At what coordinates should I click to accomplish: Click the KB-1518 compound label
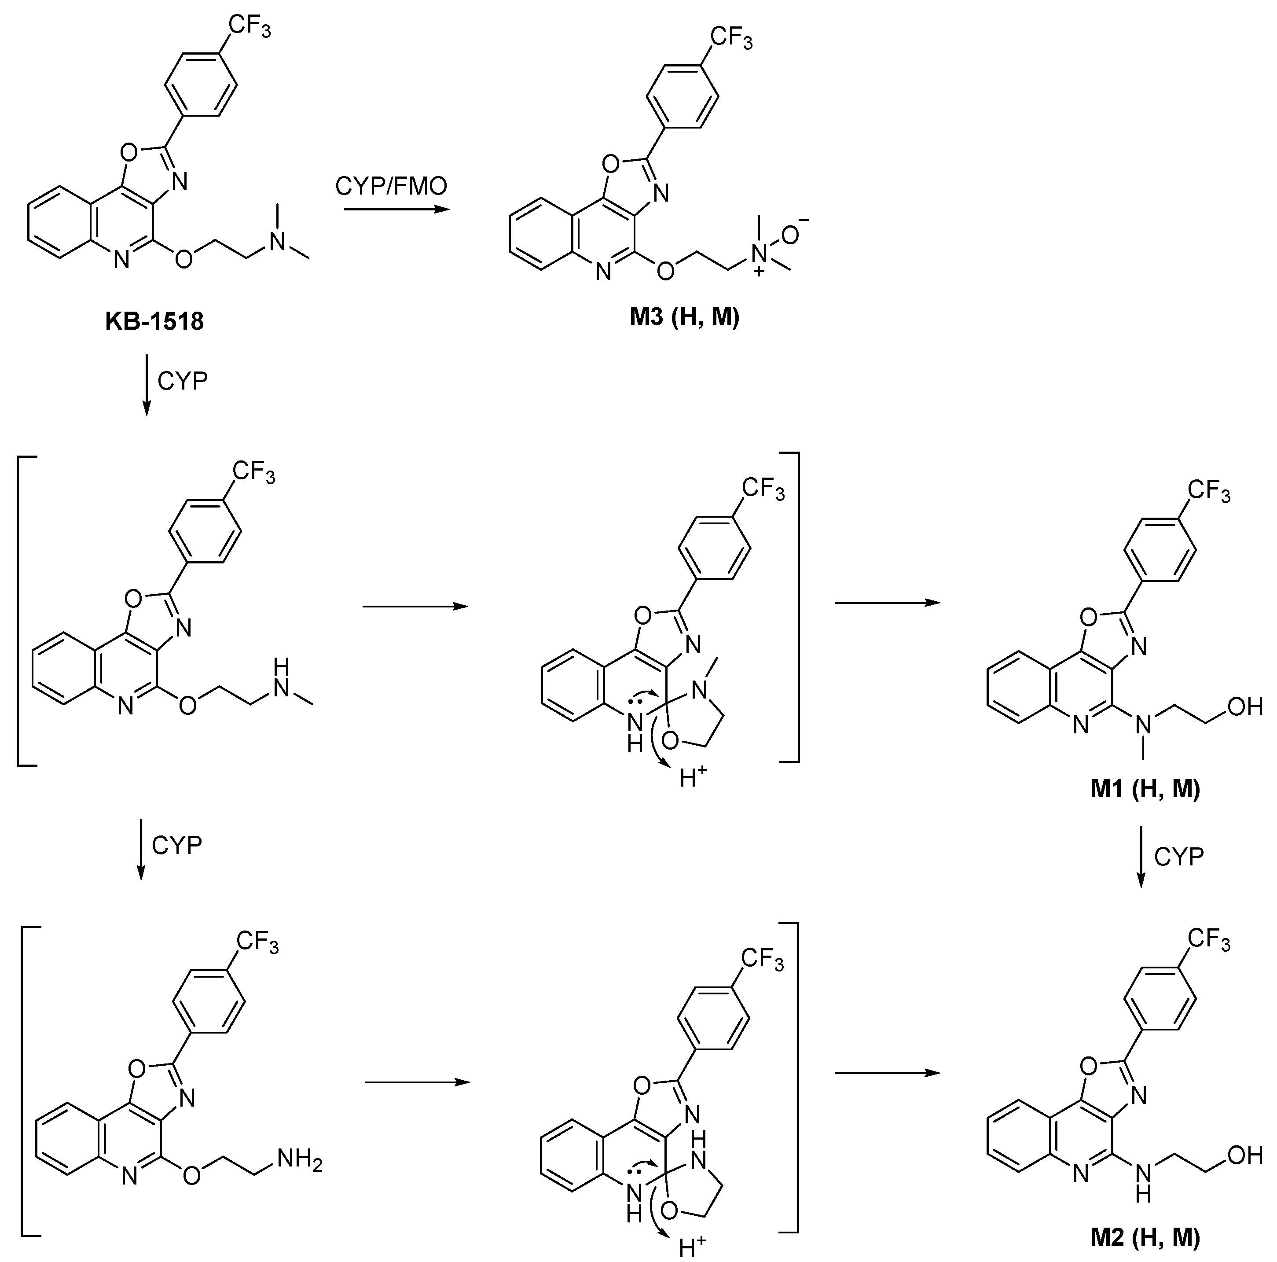[154, 322]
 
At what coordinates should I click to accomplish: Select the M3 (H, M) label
[684, 317]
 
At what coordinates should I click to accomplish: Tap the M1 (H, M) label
[1145, 789]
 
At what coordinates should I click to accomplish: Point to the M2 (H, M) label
[1145, 1237]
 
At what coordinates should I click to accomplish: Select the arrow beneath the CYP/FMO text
[396, 210]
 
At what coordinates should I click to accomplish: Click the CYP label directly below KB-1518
[183, 382]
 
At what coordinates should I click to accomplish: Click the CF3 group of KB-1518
[249, 27]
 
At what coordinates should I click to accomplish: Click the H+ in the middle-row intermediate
[693, 778]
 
